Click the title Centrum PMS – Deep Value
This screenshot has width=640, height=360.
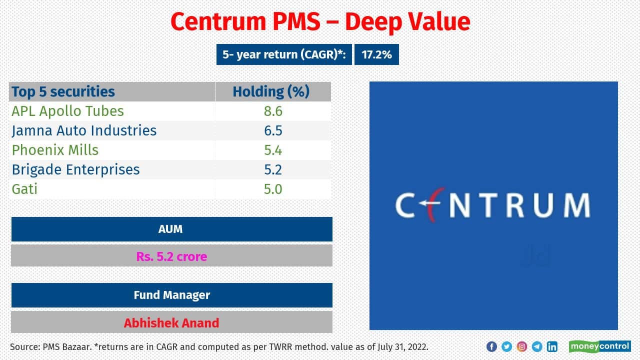pyautogui.click(x=320, y=22)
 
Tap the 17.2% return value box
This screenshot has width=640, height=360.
pyautogui.click(x=376, y=54)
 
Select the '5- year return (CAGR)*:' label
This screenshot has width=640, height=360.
pyautogui.click(x=284, y=54)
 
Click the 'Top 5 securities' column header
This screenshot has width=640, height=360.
pyautogui.click(x=63, y=91)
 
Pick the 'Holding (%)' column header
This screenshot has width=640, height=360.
pyautogui.click(x=271, y=91)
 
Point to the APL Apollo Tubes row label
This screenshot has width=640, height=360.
pyautogui.click(x=67, y=111)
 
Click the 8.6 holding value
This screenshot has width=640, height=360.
pyautogui.click(x=273, y=111)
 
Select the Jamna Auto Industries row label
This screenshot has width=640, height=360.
pyautogui.click(x=84, y=130)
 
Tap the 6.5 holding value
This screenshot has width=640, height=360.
pyautogui.click(x=273, y=130)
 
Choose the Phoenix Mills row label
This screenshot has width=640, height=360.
pyautogui.click(x=55, y=150)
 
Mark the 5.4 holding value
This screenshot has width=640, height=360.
pyautogui.click(x=273, y=150)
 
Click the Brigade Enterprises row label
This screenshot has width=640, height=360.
pyautogui.click(x=76, y=169)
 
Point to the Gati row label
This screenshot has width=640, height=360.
pyautogui.click(x=24, y=189)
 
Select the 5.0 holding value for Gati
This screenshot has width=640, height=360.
pyautogui.click(x=273, y=189)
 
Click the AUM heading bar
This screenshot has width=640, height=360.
pyautogui.click(x=171, y=229)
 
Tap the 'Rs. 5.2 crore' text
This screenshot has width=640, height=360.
pyautogui.click(x=171, y=256)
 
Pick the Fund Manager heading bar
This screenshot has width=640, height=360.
pyautogui.click(x=171, y=295)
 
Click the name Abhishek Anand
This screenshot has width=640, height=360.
pyautogui.click(x=171, y=322)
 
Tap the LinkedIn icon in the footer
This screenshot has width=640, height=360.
pyautogui.click(x=552, y=346)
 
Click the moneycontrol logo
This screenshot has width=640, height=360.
pyautogui.click(x=599, y=346)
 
